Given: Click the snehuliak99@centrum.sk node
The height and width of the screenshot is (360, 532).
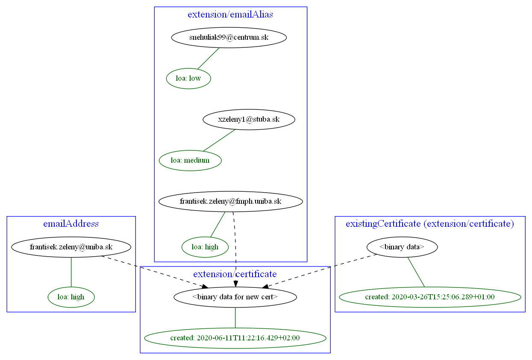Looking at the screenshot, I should click(229, 38).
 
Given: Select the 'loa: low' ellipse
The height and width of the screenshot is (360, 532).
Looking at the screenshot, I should click(188, 79).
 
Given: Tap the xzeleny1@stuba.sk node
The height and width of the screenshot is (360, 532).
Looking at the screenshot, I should click(249, 120).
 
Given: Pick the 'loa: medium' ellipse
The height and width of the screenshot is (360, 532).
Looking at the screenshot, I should click(190, 161).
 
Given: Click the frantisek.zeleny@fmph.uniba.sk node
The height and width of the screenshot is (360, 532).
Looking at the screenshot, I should click(230, 201).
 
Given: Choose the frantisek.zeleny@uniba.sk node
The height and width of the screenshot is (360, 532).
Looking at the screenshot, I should click(71, 247).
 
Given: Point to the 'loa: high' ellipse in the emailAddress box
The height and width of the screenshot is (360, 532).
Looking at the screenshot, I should click(71, 297).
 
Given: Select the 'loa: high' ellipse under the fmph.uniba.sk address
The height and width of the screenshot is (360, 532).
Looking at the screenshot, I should click(205, 247).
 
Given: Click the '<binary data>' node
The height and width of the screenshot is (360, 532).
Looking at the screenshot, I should click(402, 247).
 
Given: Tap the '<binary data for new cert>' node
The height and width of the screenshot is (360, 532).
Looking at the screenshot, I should click(235, 297).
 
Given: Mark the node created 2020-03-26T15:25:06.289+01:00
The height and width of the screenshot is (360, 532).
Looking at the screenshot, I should click(429, 297).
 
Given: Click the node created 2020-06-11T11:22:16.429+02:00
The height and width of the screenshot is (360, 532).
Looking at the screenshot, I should click(235, 338).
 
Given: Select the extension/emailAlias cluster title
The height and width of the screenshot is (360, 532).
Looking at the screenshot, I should click(230, 15).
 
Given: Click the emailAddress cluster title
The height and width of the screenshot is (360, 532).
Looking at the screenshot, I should click(71, 223).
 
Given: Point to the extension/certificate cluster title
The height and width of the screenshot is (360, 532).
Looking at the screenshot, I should click(235, 274).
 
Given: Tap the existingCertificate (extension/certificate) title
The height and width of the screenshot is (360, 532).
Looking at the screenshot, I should click(429, 223).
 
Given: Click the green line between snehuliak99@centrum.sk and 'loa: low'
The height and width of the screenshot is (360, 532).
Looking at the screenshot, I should click(209, 58).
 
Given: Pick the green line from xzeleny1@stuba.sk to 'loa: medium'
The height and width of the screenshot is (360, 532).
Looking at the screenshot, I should click(219, 140).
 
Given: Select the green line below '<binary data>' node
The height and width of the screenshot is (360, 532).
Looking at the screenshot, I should click(416, 272).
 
